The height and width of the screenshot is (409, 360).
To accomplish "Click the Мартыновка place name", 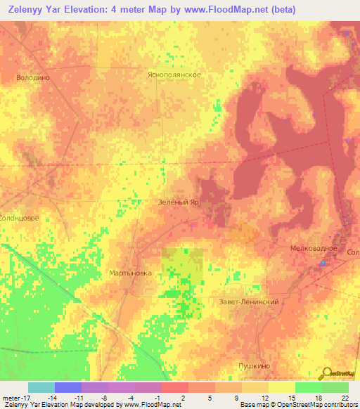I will pyautogui.click(x=131, y=273).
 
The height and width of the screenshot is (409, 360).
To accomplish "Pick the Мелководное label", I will pyautogui.click(x=314, y=249).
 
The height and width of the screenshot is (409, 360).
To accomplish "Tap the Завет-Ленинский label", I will pyautogui.click(x=250, y=301).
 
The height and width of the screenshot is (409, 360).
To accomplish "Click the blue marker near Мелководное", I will pyautogui.click(x=323, y=264).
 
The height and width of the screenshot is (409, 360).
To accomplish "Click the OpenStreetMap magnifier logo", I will pyautogui.click(x=326, y=374).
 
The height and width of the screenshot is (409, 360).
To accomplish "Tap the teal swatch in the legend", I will pyautogui.click(x=41, y=387).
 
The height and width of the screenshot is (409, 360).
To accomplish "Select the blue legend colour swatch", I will pyautogui.click(x=68, y=387).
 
